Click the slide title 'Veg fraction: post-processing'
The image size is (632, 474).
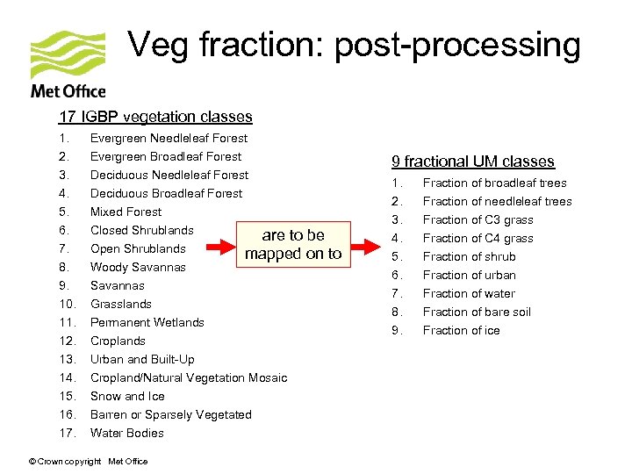point(354,45)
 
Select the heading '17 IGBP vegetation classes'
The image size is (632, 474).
point(155,117)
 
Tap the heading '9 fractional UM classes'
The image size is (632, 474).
point(472,162)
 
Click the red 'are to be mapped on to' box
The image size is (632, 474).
point(293,244)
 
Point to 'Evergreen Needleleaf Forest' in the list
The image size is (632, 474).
point(169,138)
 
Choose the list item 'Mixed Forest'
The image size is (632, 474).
point(126,212)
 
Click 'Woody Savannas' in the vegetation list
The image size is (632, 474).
point(138,267)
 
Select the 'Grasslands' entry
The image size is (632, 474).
point(121,304)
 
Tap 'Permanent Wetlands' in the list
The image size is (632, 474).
point(147,322)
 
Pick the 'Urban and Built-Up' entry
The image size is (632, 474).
point(142,359)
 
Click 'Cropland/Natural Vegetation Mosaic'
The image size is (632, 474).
point(189,377)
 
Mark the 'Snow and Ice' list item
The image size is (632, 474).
point(127,396)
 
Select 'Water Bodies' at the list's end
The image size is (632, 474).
point(126,433)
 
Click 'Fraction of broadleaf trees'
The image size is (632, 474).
point(494,183)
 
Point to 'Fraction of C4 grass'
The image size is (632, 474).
point(478,238)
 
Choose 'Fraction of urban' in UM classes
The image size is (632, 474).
point(469,275)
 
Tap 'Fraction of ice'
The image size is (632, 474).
point(461,330)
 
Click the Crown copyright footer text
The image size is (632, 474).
point(89,461)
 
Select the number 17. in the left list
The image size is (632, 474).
point(66,433)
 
